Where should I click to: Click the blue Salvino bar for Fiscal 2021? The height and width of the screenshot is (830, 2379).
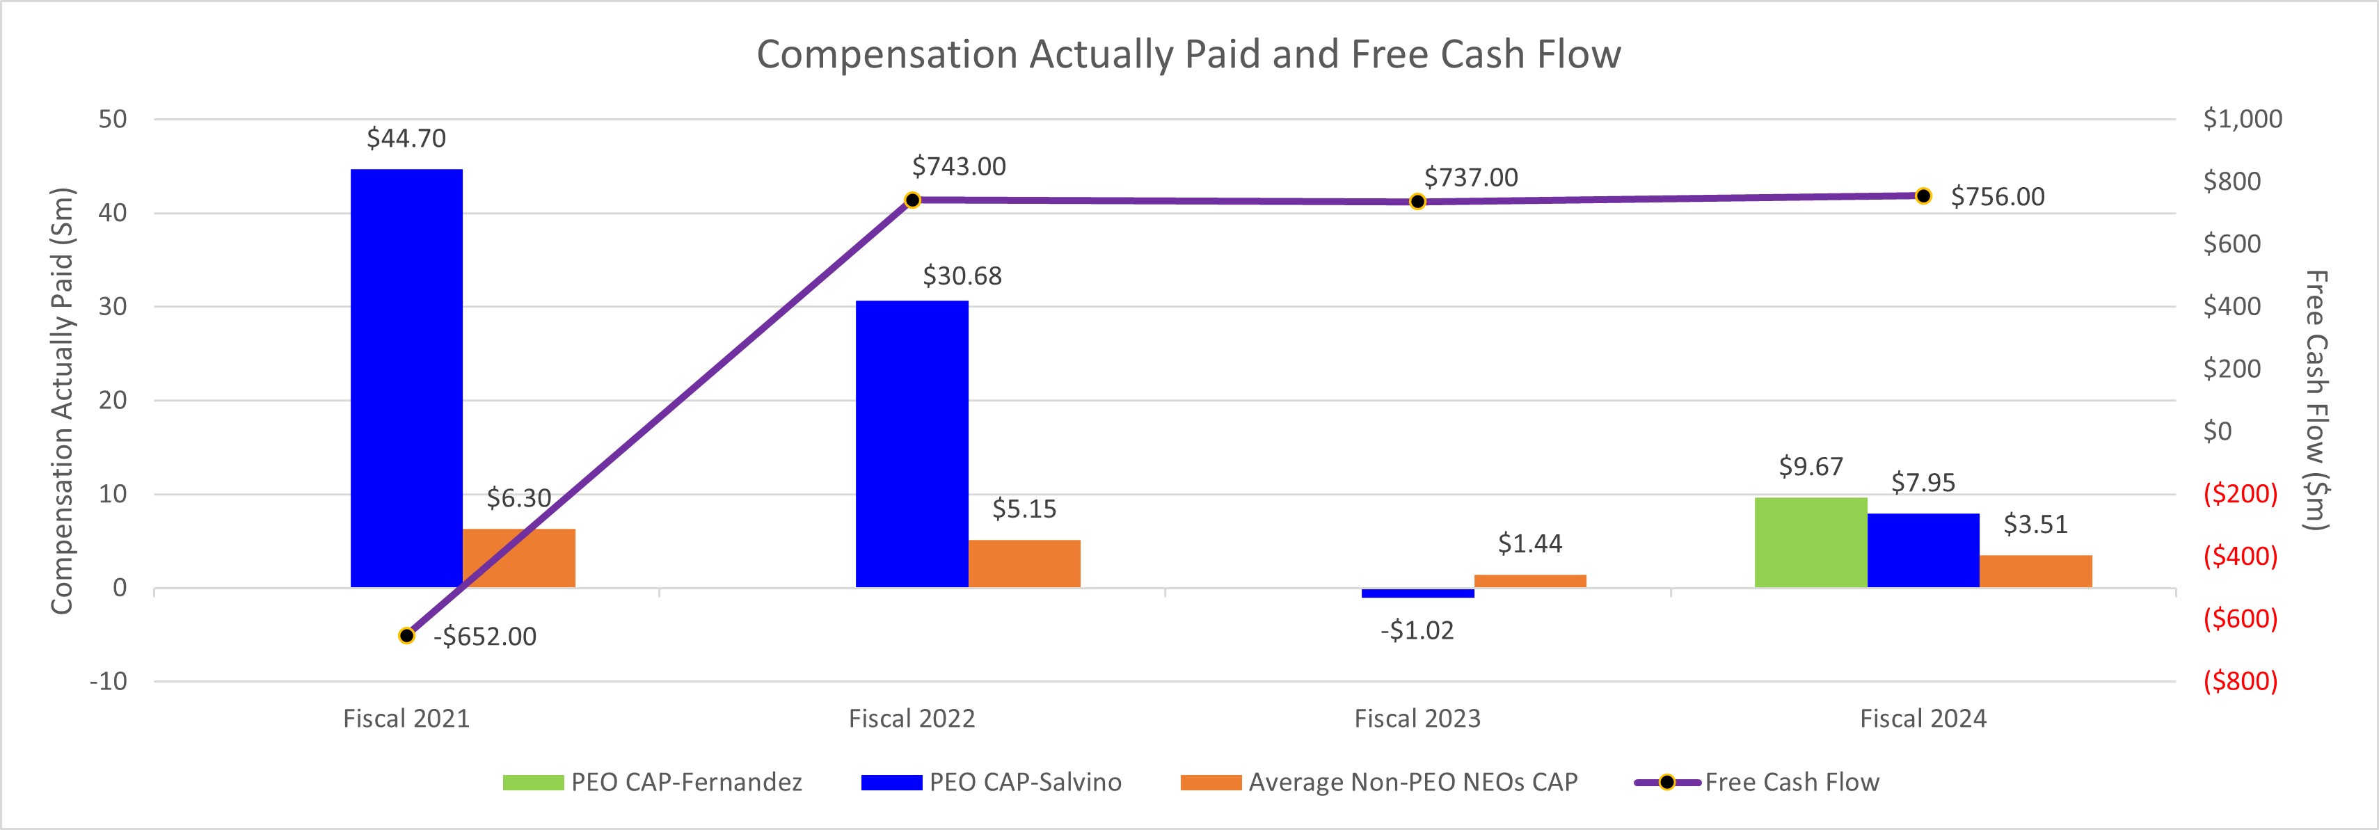coord(406,378)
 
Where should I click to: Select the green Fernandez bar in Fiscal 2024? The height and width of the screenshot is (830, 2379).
coord(1810,543)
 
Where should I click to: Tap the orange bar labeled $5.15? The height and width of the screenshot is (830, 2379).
coord(1024,564)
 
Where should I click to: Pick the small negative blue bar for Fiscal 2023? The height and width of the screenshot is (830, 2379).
coord(1417,593)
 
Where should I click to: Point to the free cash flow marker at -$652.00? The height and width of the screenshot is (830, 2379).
coord(406,635)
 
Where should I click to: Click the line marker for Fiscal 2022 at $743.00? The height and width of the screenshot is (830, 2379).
coord(912,200)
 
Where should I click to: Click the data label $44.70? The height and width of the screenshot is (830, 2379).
coord(406,138)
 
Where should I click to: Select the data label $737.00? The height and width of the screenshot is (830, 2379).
coord(1471,177)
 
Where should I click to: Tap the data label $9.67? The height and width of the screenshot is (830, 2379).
coord(1810,467)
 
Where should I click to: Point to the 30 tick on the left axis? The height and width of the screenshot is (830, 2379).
coord(113,307)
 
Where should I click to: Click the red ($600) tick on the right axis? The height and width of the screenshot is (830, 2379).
coord(2241,618)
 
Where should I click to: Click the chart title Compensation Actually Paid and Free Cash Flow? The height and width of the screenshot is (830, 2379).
coord(1188,54)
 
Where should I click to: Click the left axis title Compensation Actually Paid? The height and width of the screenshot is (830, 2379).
coord(62,401)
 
